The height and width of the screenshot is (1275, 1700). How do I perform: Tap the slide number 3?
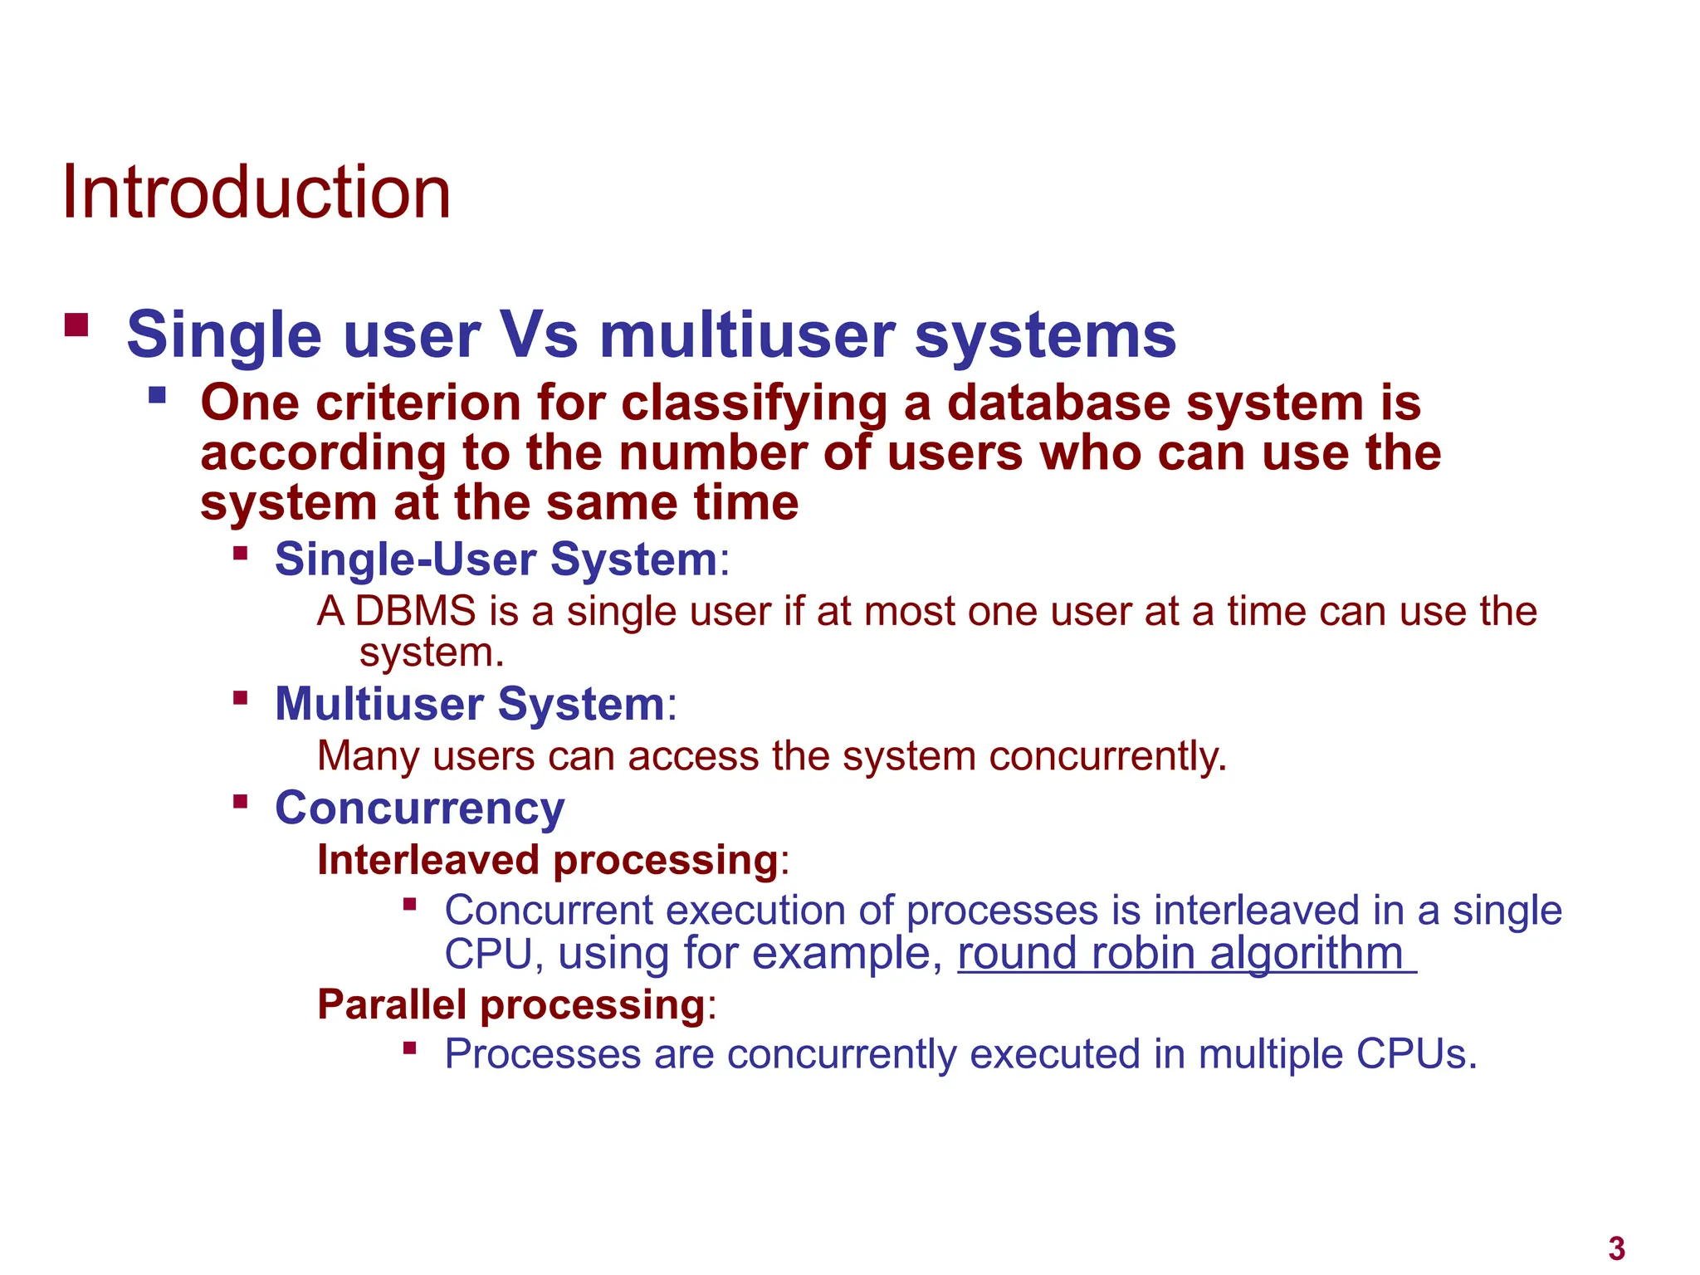coord(1615,1248)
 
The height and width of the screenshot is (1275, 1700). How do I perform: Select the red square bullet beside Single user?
coord(76,325)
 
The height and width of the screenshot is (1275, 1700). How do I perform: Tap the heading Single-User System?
coord(496,559)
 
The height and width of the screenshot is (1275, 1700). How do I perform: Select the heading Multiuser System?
coord(470,704)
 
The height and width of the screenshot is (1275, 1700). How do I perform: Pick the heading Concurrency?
coord(419,808)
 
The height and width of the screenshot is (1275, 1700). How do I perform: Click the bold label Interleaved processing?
coord(548,860)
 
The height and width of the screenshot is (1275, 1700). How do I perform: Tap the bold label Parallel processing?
coord(511,1004)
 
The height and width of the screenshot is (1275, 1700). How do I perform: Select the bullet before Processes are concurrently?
coord(409,1048)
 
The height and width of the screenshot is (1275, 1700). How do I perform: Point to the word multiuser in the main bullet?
coord(746,335)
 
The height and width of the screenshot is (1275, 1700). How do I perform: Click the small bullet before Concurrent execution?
coord(409,904)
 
